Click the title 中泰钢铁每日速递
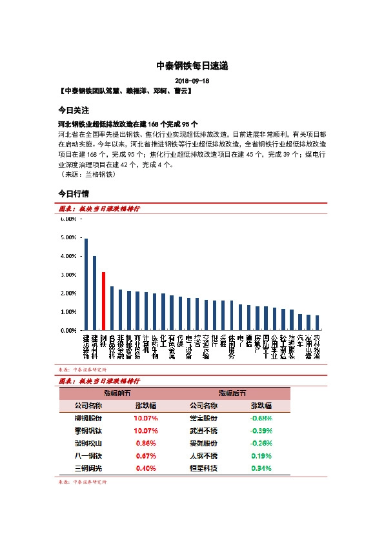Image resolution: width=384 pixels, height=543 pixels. pyautogui.click(x=192, y=66)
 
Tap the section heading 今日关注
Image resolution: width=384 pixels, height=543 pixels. pyautogui.click(x=73, y=110)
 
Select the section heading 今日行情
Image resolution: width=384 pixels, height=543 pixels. pyautogui.click(x=73, y=193)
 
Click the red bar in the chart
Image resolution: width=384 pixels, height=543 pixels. pyautogui.click(x=103, y=301)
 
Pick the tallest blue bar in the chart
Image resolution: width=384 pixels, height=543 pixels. pyautogui.click(x=86, y=284)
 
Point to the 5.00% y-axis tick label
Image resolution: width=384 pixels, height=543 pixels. pyautogui.click(x=68, y=237)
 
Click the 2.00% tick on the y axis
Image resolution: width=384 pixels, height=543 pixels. pyautogui.click(x=68, y=293)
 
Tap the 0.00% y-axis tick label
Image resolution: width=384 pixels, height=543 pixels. pyautogui.click(x=68, y=330)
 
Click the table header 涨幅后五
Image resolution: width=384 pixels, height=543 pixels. pyautogui.click(x=232, y=393)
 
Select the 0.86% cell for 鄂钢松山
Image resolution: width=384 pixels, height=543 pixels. pyautogui.click(x=146, y=443)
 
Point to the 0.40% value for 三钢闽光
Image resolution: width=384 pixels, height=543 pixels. pyautogui.click(x=146, y=468)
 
